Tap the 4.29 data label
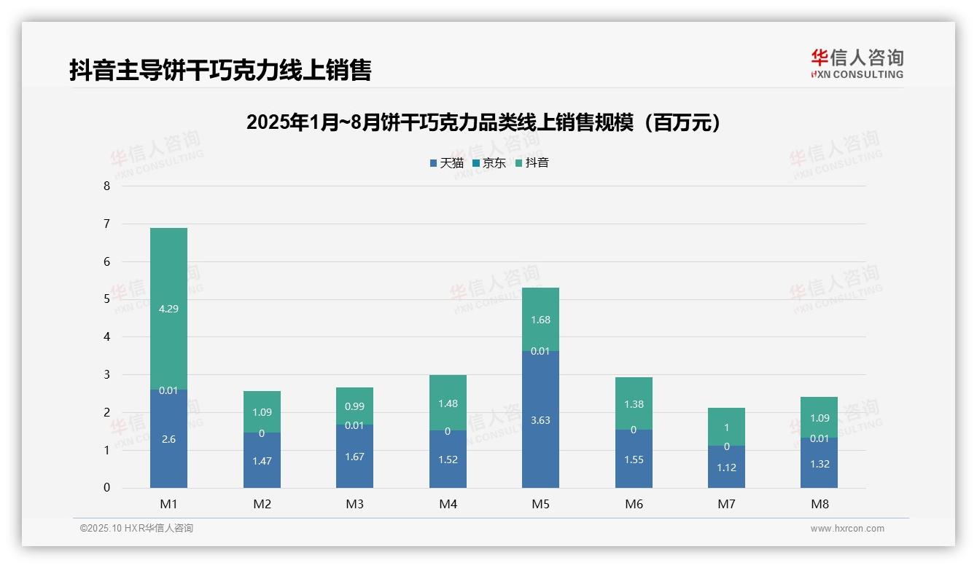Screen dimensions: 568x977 pos(168,309)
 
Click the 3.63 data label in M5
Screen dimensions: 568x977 pos(540,420)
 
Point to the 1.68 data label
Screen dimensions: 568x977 pos(540,320)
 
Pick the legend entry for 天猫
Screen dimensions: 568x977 pos(446,163)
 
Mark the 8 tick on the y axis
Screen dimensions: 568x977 pos(106,186)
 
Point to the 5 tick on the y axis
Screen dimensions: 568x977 pos(106,299)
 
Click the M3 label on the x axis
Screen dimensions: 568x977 pos(354,504)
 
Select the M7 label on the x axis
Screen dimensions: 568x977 pos(726,504)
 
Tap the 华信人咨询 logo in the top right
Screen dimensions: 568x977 pos(857,63)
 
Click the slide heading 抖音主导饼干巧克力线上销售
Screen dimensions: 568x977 pos(220,70)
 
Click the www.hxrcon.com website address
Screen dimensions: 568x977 pos(846,529)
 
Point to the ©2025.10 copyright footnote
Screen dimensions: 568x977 pos(136,529)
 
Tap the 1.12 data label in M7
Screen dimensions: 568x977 pos(726,468)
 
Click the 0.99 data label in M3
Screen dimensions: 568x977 pos(354,406)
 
